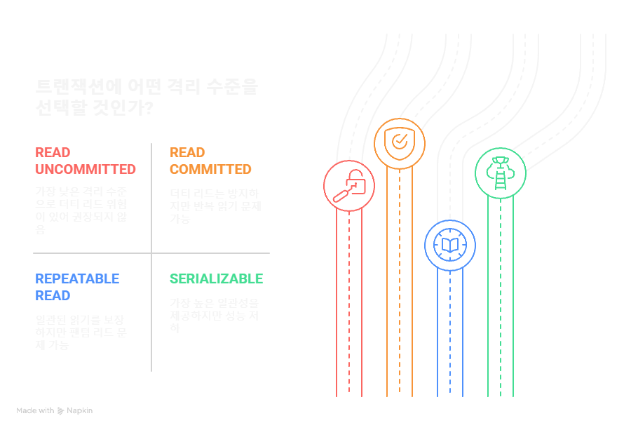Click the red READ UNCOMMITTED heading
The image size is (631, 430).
pos(85,161)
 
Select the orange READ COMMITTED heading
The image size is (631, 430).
pos(210,161)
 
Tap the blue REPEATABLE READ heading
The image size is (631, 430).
pos(77,287)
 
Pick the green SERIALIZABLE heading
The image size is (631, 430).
pos(216,278)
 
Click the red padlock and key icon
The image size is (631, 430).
pos(348,186)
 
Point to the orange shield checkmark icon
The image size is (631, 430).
pos(399,144)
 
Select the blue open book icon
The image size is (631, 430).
pos(449,246)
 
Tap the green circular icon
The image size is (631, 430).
pos(500,172)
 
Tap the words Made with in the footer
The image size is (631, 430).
pos(35,410)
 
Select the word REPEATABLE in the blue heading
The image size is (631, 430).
pos(77,278)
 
